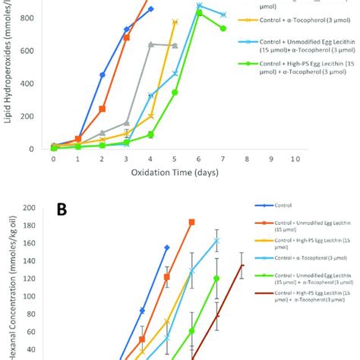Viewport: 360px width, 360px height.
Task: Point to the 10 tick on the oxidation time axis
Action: coord(296,160)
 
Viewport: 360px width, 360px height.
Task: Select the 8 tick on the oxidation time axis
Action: coord(248,160)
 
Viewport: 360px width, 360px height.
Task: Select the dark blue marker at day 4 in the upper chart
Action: coord(150,9)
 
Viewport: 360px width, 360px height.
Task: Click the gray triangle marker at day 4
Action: coord(150,45)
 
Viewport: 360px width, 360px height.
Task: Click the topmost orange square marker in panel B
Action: coord(191,222)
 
